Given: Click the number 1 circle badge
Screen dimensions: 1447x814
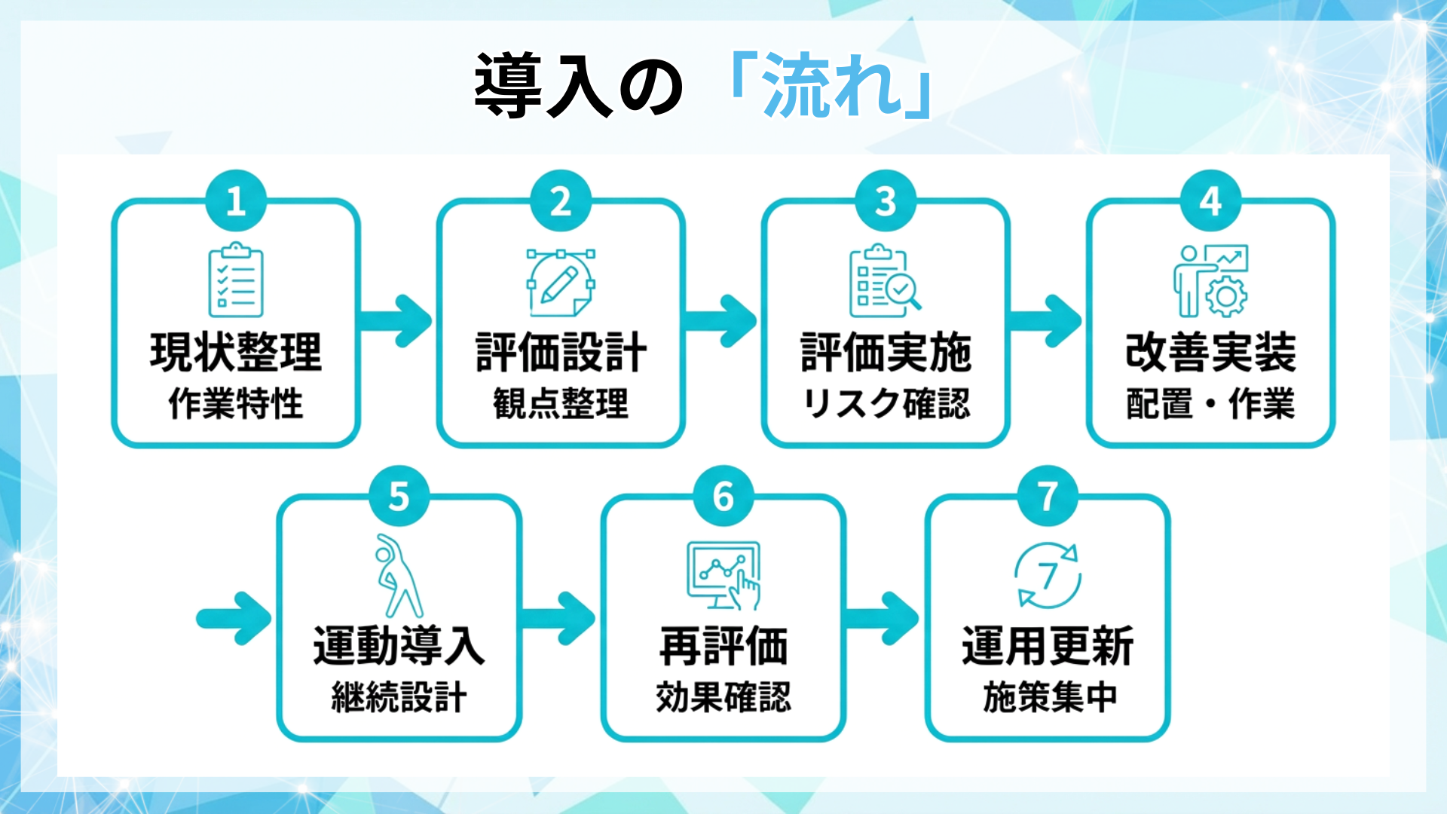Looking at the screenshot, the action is pos(236,201).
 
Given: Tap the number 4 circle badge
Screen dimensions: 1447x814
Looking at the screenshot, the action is pos(1210,201).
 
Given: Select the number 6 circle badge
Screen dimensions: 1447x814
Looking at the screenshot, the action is pos(723,497).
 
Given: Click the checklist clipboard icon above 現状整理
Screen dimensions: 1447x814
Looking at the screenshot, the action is pos(236,280).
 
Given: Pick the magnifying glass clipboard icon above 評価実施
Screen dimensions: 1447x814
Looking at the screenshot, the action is pos(885,280).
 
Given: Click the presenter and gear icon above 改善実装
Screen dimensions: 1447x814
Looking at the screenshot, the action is pos(1210,280).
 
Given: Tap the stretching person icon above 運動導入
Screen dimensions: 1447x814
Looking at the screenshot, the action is pos(399,576).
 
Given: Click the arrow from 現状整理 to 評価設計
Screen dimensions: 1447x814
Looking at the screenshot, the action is pos(396,321).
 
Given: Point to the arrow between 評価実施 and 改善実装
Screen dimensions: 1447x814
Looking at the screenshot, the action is pos(1045,321).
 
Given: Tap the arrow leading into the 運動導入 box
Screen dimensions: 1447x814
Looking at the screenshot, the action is pos(234,619).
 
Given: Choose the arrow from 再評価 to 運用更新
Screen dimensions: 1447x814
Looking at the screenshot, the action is pos(883,619).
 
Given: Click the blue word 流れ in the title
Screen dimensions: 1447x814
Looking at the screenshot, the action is pos(832,85).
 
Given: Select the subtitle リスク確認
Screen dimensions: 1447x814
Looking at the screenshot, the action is pos(886,403).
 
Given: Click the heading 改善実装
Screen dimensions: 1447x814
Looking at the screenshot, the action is pos(1210,352).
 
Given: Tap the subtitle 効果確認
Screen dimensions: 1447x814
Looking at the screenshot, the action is pos(723,697).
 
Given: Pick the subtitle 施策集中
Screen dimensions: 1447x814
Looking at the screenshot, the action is pos(1048,697).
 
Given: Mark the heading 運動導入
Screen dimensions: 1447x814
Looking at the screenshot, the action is pos(399,646).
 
